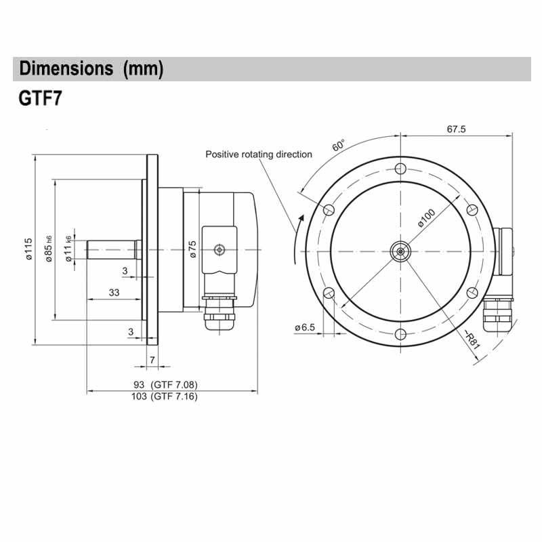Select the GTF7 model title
tap(41, 100)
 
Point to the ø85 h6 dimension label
tap(49, 249)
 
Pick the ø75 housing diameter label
tap(192, 249)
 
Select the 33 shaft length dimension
tap(114, 292)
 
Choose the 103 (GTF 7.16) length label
tap(164, 397)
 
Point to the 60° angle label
tap(339, 146)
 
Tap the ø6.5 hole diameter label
tap(305, 327)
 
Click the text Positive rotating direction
tap(259, 154)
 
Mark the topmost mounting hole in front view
tap(401, 167)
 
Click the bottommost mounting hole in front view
tap(401, 334)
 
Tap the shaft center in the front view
tap(401, 251)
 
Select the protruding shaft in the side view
tap(112, 249)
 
